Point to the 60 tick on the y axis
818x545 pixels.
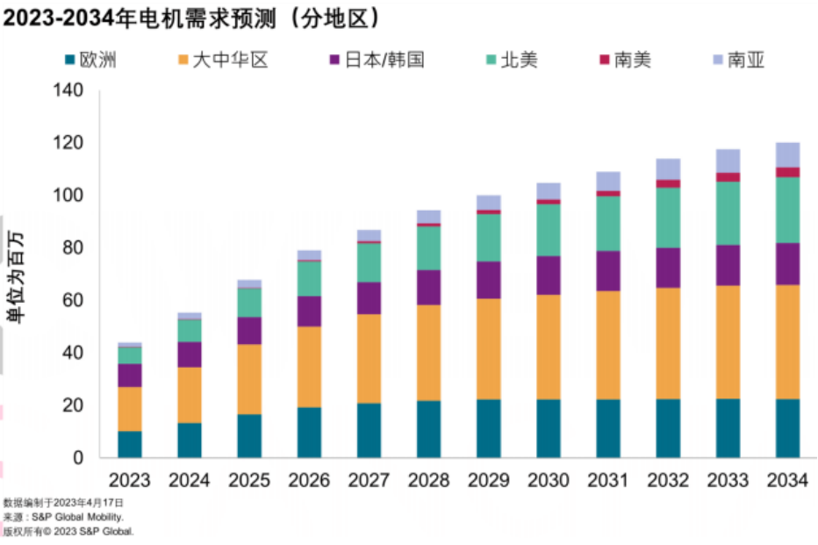point(74,300)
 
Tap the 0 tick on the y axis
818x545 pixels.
point(79,457)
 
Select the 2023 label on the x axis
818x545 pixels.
point(130,481)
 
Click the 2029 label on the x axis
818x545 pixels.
point(489,481)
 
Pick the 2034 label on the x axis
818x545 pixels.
point(788,481)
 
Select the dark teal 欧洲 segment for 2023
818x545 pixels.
point(130,444)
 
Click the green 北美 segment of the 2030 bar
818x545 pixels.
point(549,230)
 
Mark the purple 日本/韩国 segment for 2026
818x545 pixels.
point(309,312)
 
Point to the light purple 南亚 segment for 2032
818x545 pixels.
point(669,169)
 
